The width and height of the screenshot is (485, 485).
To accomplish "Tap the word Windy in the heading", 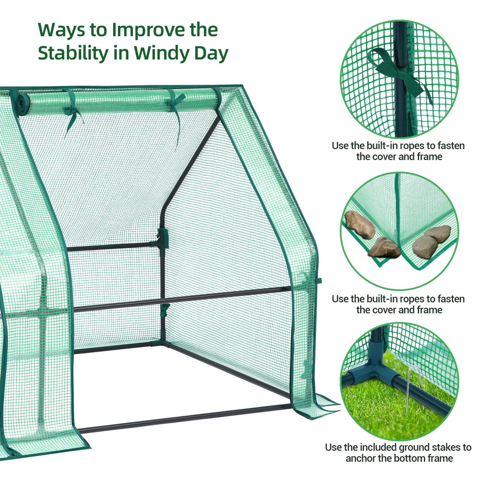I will pos(161,53).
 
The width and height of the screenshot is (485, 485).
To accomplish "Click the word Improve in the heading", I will pos(148,30).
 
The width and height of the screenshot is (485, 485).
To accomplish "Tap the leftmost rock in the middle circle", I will pos(359,224).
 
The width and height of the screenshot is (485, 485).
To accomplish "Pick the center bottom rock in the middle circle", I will pos(384,248).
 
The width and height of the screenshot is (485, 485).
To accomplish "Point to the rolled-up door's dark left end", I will pos(23,104).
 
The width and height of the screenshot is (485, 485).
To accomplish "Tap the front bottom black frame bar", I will pos(185,418).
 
